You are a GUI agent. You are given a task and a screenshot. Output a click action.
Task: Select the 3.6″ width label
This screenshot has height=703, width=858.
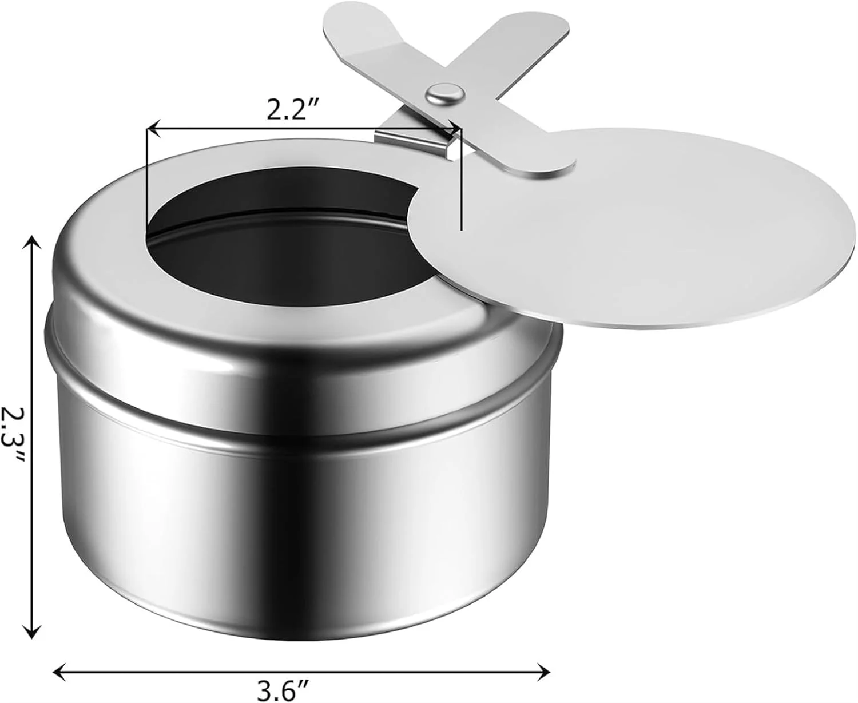click(290, 692)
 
